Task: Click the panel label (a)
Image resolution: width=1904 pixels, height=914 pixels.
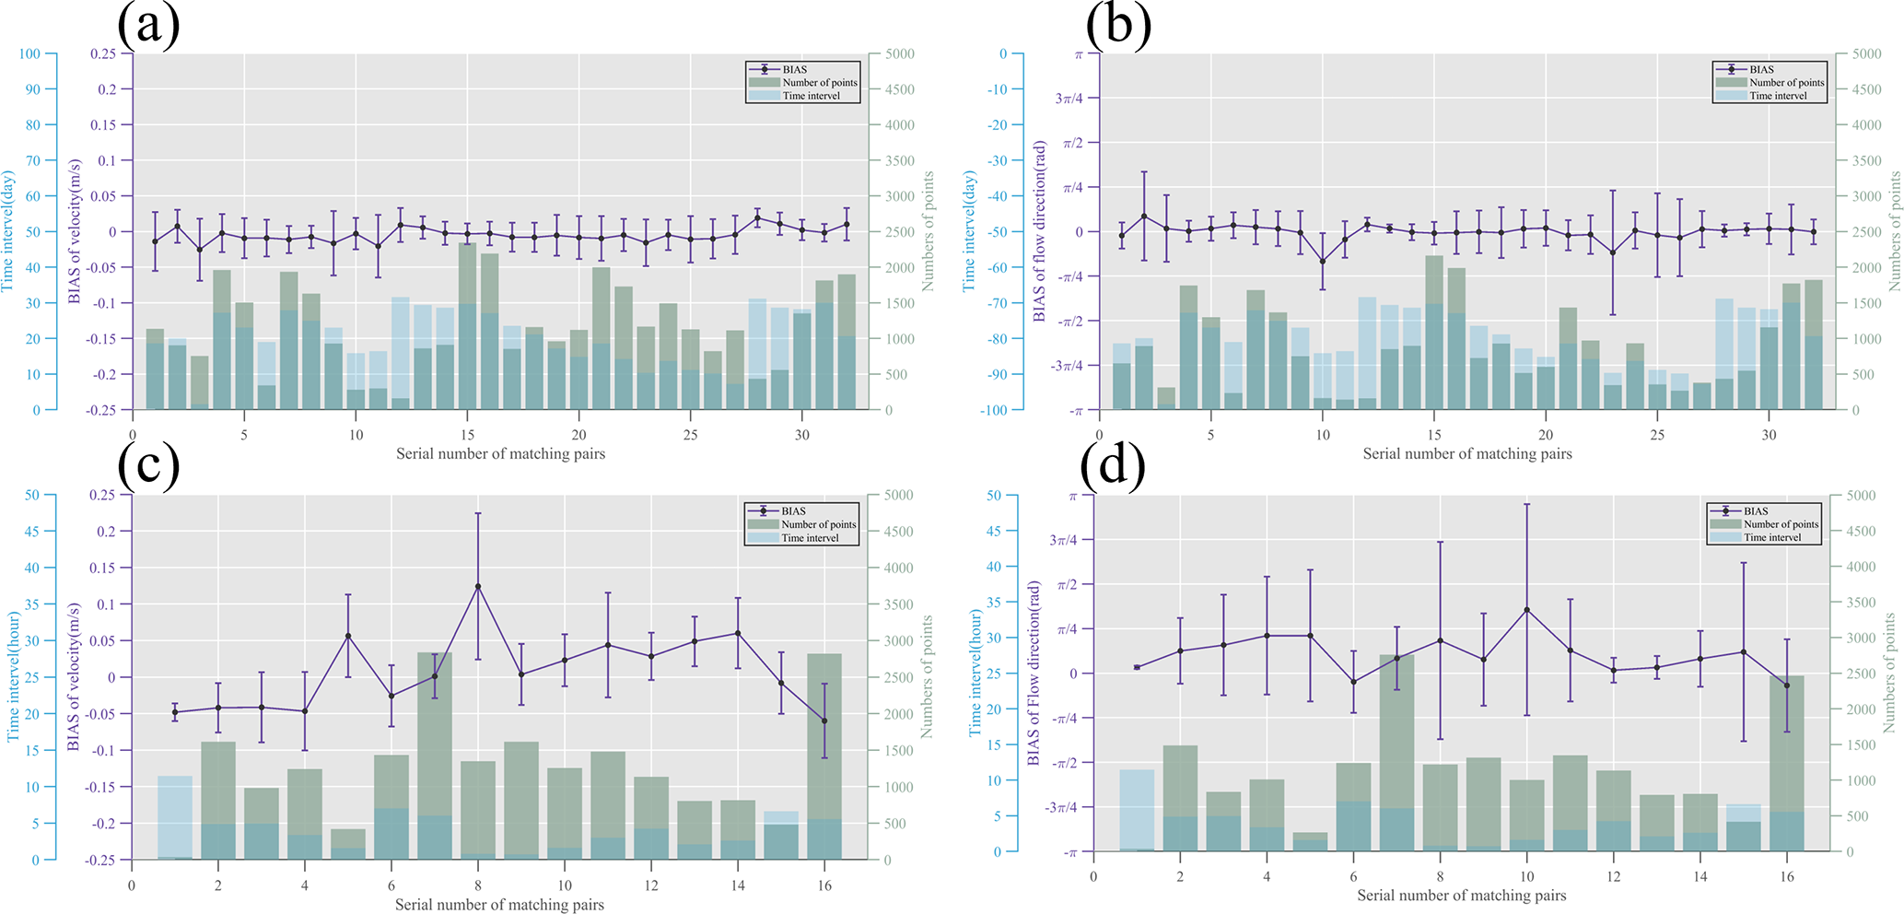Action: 148,25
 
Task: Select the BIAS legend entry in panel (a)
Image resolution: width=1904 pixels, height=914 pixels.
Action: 794,69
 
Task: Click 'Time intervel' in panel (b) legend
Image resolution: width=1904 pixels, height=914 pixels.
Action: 1777,96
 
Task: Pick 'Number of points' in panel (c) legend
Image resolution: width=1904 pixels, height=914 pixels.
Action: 818,524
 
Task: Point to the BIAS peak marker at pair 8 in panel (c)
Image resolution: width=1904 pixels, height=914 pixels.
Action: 477,586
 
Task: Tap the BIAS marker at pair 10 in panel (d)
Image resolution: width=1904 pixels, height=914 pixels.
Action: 1526,610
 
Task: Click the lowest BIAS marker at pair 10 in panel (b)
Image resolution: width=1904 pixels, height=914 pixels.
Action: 1323,262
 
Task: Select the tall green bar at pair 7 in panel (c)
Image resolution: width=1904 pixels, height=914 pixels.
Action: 434,737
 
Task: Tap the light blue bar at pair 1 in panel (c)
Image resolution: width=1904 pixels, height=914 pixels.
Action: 175,816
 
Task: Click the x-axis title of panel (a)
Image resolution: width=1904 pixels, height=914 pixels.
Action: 500,453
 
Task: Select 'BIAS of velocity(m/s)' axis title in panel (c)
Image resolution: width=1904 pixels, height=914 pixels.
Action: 75,676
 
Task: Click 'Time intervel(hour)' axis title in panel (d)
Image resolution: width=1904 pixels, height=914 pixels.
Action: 975,674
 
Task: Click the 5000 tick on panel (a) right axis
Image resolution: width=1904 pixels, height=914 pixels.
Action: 900,54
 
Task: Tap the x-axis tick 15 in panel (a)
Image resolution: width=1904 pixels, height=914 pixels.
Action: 468,435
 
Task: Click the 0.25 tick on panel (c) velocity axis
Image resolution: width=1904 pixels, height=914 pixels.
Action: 104,496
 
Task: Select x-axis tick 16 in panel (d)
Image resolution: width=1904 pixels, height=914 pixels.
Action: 1786,876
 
